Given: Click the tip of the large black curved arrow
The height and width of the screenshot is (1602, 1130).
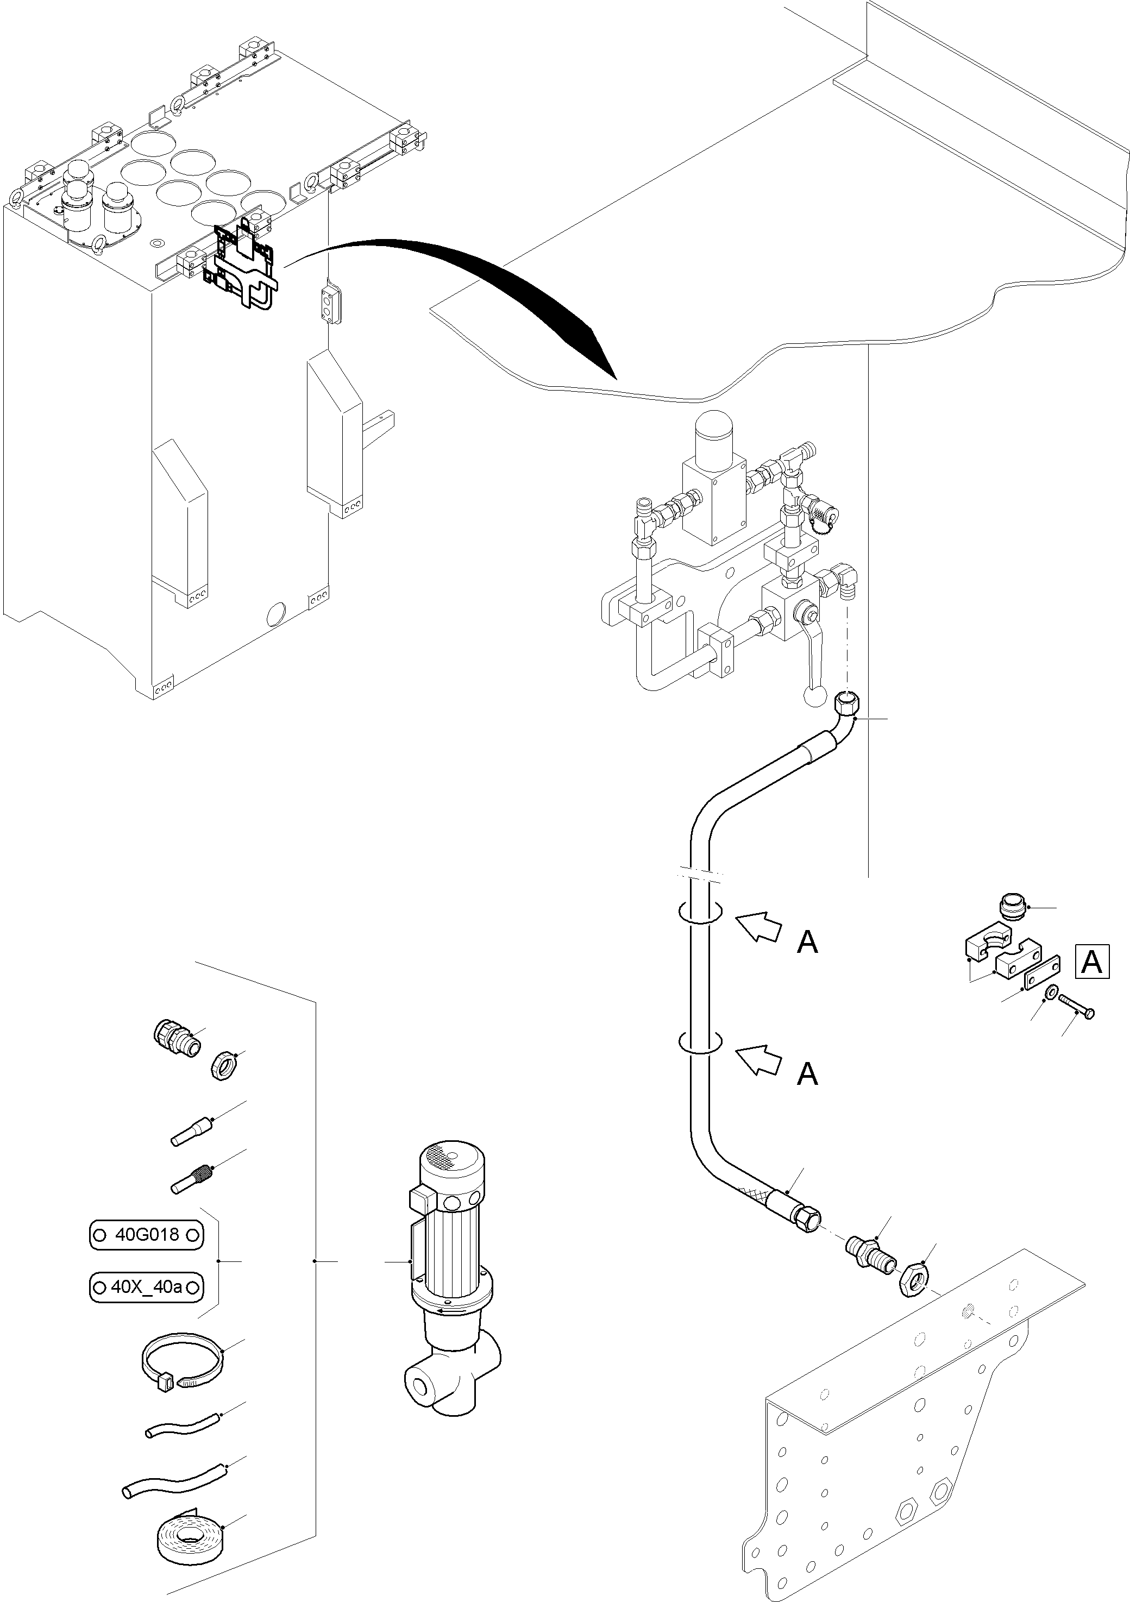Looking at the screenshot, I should pos(616,378).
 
